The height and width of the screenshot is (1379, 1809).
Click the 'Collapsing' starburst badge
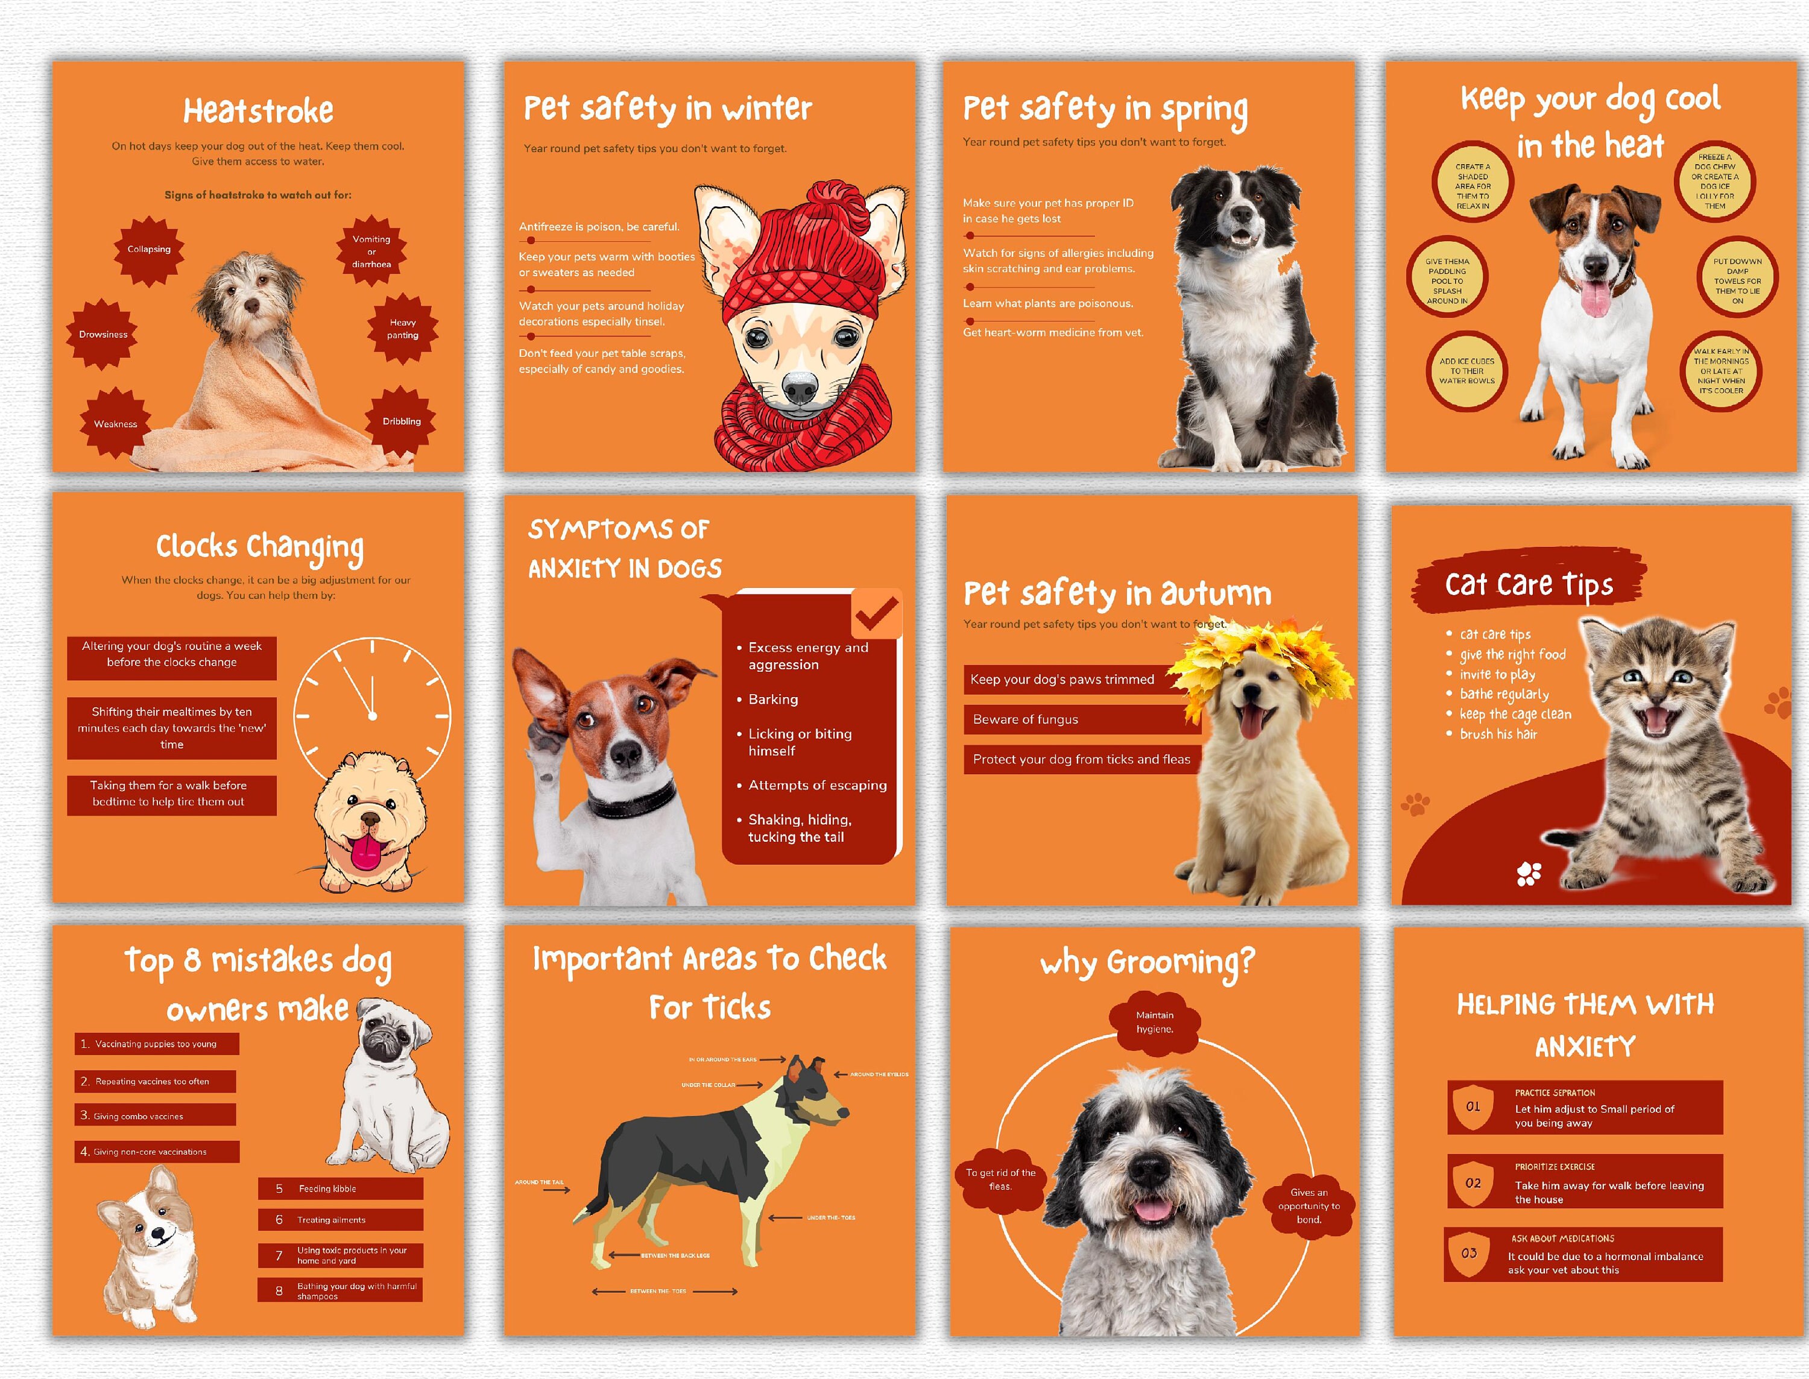(x=148, y=250)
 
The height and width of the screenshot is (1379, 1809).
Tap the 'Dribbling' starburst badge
(x=402, y=421)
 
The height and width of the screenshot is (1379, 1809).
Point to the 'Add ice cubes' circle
(x=1466, y=371)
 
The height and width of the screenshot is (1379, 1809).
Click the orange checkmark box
(x=877, y=613)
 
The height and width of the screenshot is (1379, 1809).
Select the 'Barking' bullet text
(x=772, y=699)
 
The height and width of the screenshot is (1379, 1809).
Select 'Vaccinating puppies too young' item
(x=156, y=1044)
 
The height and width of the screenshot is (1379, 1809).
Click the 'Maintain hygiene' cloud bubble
(x=1155, y=1023)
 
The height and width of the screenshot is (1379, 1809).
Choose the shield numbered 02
(x=1473, y=1183)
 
